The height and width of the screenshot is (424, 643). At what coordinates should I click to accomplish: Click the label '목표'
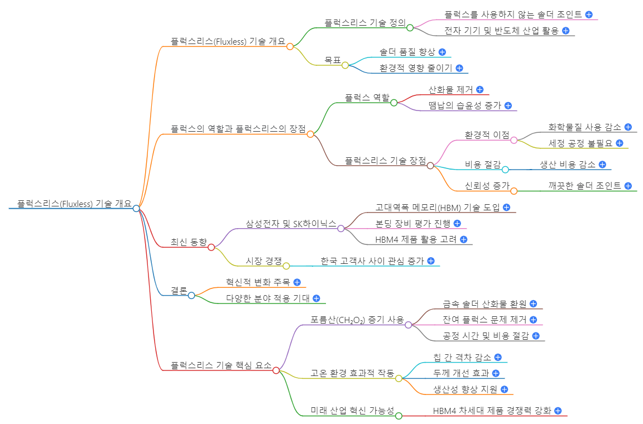tap(333, 60)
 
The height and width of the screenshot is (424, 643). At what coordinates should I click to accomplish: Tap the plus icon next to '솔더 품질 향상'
tap(442, 52)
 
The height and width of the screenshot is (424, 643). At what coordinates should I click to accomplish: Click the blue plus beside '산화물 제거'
tap(479, 89)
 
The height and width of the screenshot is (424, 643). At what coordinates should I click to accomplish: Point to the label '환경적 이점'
tap(487, 135)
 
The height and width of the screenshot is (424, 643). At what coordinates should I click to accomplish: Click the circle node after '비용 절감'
tap(505, 169)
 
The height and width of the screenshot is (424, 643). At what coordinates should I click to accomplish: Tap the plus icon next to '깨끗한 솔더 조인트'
tap(628, 186)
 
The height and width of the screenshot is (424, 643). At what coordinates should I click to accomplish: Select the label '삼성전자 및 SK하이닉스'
tap(291, 224)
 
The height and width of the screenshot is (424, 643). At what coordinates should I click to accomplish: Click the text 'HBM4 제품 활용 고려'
tap(416, 240)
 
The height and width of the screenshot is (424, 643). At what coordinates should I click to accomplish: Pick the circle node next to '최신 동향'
tap(211, 247)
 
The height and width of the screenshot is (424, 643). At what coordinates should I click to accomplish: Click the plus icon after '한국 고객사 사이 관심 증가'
tap(430, 261)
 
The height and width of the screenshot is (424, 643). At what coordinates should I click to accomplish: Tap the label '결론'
tap(179, 290)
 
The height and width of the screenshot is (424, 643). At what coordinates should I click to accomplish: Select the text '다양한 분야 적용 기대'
tap(268, 298)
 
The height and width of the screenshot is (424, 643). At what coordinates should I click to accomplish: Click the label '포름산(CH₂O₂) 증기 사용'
tap(357, 320)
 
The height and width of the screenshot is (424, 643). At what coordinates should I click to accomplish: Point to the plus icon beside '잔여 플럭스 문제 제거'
tap(533, 320)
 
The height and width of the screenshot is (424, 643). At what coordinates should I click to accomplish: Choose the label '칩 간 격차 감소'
tap(462, 357)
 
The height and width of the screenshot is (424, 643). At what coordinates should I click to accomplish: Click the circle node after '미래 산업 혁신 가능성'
tap(399, 415)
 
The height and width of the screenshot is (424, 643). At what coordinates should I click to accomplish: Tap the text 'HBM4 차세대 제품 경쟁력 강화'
tap(492, 411)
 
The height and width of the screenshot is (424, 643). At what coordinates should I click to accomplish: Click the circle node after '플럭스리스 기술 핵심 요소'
tap(276, 370)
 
